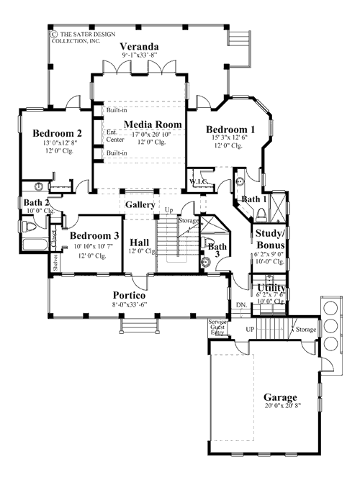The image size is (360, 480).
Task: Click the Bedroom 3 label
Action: click(94, 237)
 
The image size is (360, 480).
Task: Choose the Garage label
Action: click(281, 397)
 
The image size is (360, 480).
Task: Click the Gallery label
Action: click(140, 205)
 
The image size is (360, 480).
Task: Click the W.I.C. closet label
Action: click(198, 181)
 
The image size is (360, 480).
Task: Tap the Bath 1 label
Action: click(254, 199)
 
